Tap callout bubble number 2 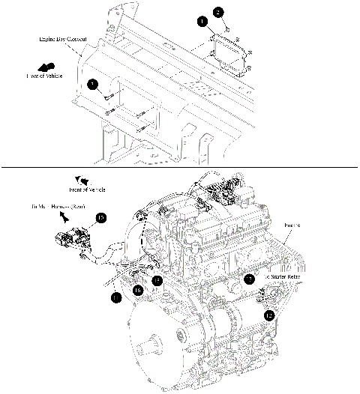click(218, 12)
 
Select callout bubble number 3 click(92, 84)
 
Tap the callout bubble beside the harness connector click(101, 218)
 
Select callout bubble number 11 click(115, 297)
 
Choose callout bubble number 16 click(138, 289)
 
